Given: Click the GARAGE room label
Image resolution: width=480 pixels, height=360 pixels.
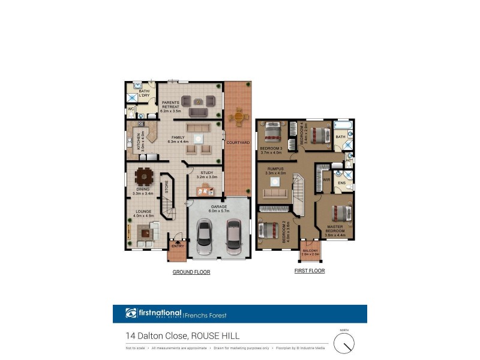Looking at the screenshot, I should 218,206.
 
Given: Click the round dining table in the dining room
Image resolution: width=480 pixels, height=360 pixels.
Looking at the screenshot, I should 144,176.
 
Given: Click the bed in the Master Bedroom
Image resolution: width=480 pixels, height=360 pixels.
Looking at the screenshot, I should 339,213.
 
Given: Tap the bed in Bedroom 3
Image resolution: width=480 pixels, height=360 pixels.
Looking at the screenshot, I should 273,131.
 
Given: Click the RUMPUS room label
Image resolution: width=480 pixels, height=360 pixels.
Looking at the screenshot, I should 275,169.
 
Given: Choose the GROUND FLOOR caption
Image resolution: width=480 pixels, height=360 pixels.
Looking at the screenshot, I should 191,272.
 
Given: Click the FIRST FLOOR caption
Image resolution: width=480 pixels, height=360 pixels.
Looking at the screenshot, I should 310,271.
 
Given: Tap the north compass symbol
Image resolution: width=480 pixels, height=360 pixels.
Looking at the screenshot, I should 344,343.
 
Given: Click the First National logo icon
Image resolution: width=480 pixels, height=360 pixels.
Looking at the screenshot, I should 131,313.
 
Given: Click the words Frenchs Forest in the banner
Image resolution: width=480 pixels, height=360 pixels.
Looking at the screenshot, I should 206,314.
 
